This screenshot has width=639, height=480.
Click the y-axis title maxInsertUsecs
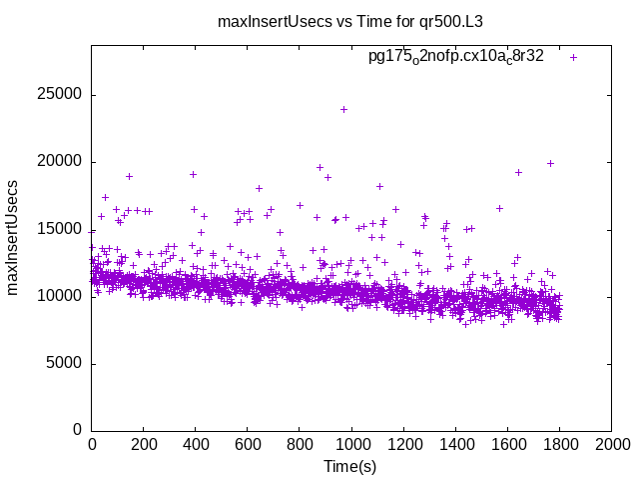(13, 236)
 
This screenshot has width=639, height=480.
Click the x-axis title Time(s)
(350, 466)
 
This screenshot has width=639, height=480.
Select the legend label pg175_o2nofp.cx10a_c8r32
(455, 57)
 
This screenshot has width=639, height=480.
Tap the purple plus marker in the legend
(573, 57)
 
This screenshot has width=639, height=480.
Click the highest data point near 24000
(344, 109)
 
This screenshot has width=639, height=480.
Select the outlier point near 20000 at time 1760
(550, 163)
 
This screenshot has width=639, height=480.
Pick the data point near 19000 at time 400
(194, 174)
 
